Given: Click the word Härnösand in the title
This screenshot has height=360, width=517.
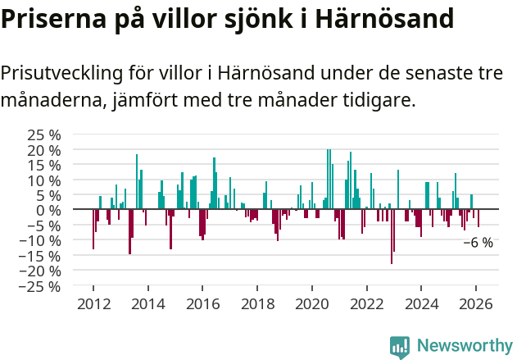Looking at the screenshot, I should click(x=384, y=18).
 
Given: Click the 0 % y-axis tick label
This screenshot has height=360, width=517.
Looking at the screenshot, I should click(x=48, y=210).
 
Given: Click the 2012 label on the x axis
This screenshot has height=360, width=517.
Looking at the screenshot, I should click(x=93, y=303).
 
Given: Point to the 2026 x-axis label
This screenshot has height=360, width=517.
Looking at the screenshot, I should click(x=477, y=303).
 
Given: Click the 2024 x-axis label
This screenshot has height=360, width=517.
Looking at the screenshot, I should click(x=422, y=303).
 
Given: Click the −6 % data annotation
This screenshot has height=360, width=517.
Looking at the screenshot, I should click(x=478, y=243).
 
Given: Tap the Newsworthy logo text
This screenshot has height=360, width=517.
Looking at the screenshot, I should click(x=465, y=345).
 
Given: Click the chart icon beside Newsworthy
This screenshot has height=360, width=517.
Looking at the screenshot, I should click(x=400, y=346).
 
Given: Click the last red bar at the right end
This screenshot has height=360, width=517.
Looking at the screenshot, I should click(x=478, y=218).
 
